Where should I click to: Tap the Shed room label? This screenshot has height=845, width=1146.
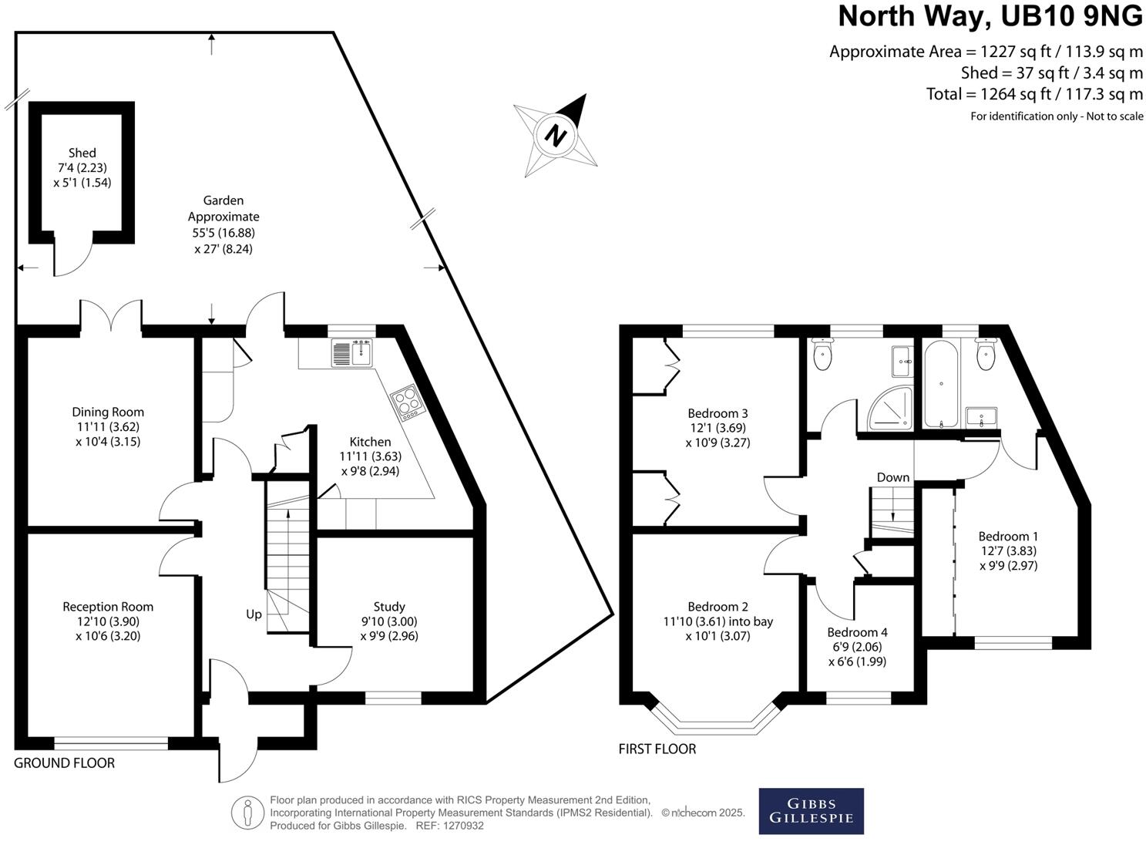click(82, 153)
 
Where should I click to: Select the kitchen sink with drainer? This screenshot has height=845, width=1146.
click(353, 353)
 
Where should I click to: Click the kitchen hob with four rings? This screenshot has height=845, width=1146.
click(405, 402)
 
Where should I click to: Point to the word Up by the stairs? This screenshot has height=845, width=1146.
click(254, 614)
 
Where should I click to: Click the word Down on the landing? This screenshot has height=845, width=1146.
click(892, 477)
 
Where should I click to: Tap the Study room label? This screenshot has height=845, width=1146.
click(389, 607)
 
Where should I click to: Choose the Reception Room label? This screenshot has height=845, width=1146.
click(108, 607)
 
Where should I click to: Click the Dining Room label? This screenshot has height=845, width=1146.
click(108, 412)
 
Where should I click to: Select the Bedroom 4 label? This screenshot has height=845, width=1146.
click(857, 632)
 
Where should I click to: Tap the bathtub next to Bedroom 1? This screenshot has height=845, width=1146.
click(939, 384)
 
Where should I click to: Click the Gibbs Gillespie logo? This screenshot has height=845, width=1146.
click(811, 811)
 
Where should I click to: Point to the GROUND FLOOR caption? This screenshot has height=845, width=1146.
click(65, 763)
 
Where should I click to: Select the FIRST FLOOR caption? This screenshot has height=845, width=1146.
click(657, 749)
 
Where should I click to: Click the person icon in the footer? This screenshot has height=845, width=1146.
click(247, 813)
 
